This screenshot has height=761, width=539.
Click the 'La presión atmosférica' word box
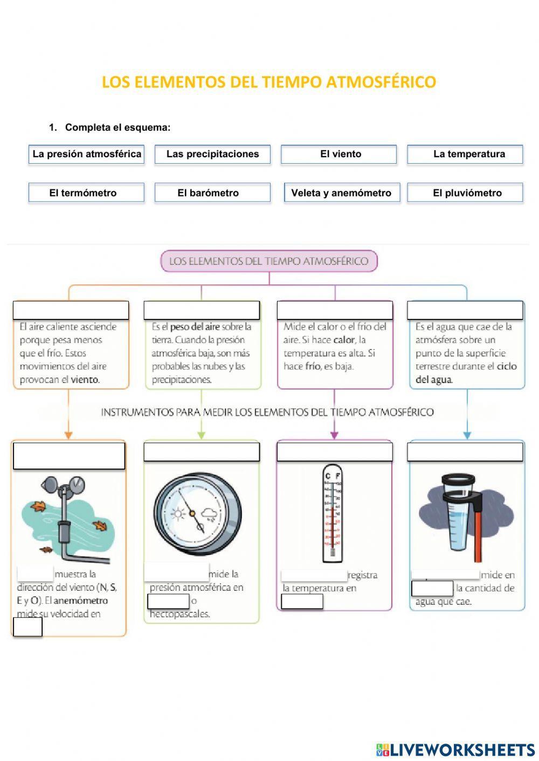coord(86,154)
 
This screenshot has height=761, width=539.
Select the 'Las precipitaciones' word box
coord(212,154)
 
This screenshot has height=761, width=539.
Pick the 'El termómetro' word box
coord(86,193)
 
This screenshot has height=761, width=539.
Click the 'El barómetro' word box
coord(212,193)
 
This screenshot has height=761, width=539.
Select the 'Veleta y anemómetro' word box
coord(342,193)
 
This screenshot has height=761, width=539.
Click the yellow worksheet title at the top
coord(269,82)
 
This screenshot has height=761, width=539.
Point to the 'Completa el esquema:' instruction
coord(118,128)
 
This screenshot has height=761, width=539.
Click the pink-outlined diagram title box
coord(269,261)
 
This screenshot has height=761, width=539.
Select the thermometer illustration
coord(332,513)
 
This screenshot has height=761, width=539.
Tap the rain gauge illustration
coord(462,517)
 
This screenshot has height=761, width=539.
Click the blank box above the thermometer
coord(334,451)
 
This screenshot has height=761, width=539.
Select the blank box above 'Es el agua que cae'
coord(465,310)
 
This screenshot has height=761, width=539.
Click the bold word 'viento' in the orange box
coord(85,380)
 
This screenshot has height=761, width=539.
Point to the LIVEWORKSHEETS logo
coord(455,749)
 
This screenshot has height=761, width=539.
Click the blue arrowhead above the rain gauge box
coord(467,435)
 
